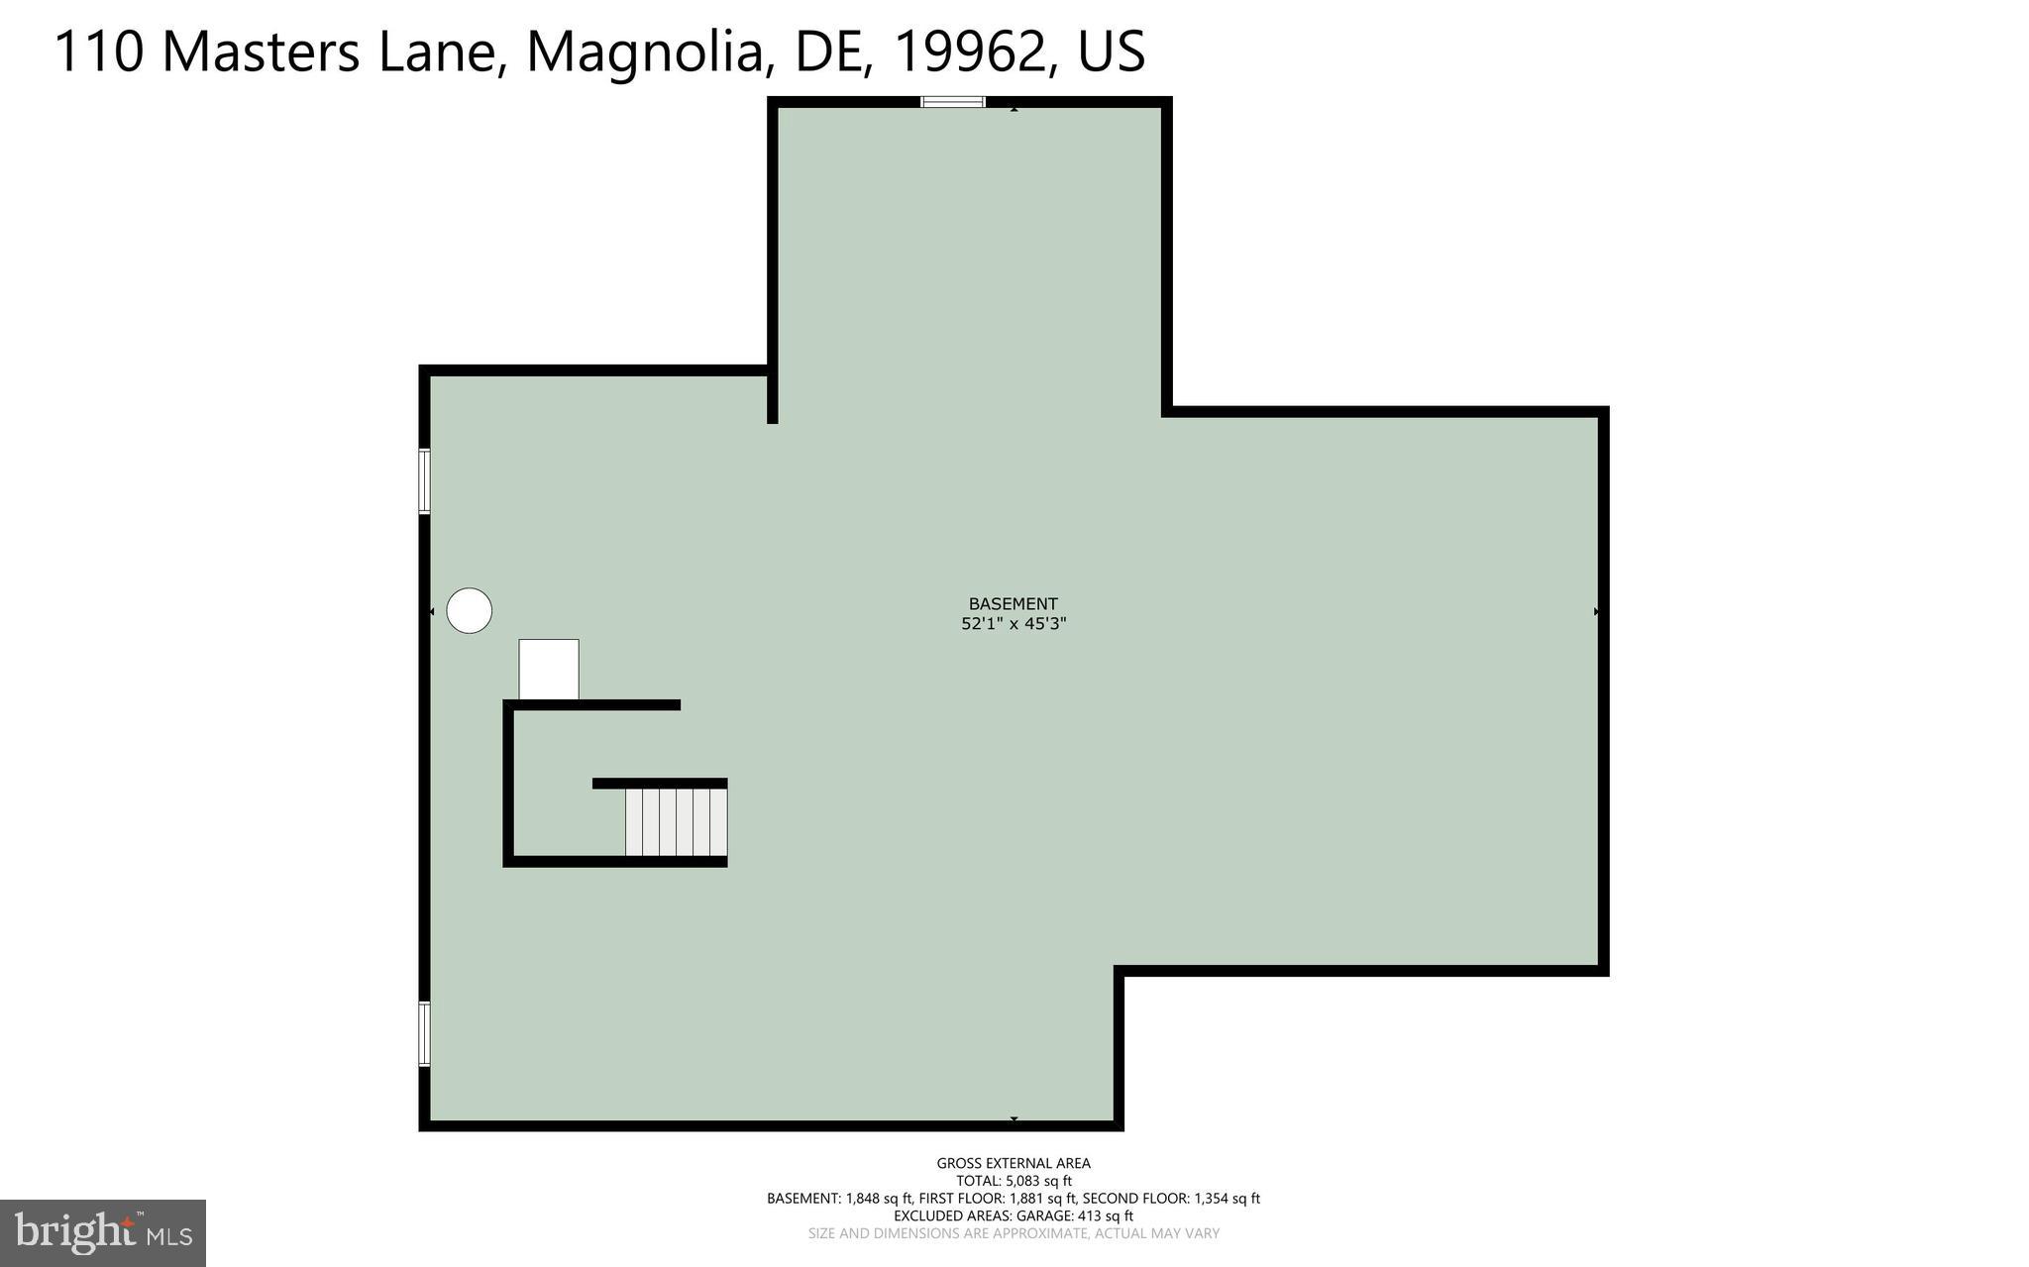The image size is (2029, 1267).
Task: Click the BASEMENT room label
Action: point(1013,603)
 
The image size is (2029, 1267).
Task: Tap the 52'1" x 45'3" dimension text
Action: point(1013,624)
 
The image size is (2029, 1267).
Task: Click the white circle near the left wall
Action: point(469,610)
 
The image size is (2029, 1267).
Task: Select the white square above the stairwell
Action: point(549,669)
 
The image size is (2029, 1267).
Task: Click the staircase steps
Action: point(676,821)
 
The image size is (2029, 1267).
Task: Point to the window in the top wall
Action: point(953,101)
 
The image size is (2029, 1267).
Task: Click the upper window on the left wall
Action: point(424,481)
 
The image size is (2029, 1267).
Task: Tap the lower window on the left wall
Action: point(424,1034)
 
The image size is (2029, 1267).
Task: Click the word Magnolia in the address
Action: point(650,52)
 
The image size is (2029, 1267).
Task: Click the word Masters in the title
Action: point(261,52)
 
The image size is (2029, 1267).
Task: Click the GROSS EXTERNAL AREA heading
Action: point(1013,1163)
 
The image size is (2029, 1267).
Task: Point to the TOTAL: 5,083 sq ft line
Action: point(1013,1181)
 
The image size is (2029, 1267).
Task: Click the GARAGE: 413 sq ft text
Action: point(1076,1215)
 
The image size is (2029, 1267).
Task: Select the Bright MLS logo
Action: point(103,1233)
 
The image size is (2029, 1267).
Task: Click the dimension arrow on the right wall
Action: point(1596,612)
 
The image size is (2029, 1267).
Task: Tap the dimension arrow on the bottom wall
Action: point(1014,1119)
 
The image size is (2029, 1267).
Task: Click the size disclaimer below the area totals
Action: point(1013,1233)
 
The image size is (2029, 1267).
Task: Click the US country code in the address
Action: point(1111,52)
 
